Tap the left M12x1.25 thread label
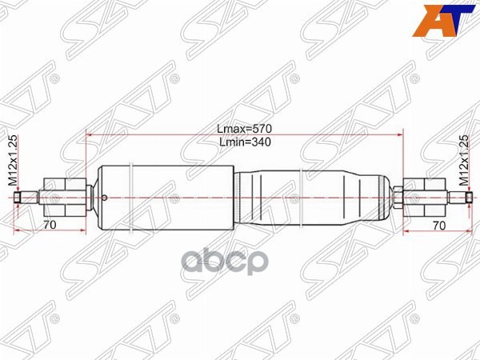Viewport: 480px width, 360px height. coord(12,161)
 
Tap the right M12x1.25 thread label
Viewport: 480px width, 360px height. coord(465,161)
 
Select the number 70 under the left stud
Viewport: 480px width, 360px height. coord(50,225)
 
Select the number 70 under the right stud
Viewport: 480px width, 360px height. coord(438,225)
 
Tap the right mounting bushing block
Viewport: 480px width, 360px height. coord(419,196)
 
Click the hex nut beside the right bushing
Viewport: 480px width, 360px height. coord(398,196)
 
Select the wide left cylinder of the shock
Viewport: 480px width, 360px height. coord(164,197)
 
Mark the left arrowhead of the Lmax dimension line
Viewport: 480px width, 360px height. coord(89,135)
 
